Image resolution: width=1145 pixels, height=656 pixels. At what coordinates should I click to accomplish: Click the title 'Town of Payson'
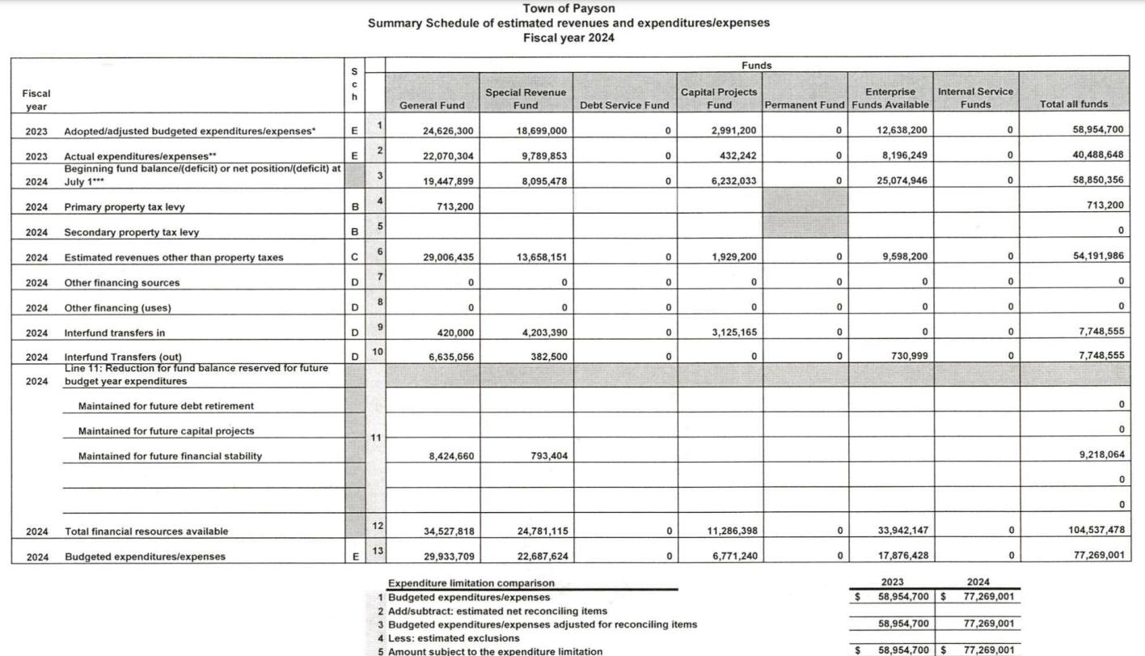[568, 8]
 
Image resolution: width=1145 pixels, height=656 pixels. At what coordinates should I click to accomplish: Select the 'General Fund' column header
[432, 105]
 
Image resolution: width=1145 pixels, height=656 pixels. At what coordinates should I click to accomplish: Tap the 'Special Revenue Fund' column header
[525, 99]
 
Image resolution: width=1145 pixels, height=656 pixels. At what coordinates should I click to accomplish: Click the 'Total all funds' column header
[1074, 104]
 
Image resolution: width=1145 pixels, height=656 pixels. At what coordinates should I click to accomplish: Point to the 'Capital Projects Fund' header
[719, 99]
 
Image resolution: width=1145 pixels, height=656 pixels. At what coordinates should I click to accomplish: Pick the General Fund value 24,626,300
[448, 130]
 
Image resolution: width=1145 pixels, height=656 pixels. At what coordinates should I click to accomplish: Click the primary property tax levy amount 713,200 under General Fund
[457, 206]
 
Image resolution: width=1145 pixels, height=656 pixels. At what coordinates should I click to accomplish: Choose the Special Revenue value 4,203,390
[541, 332]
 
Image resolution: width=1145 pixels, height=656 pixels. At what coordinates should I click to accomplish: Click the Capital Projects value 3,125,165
[730, 332]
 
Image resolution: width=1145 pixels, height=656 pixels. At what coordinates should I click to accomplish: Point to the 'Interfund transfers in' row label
[121, 333]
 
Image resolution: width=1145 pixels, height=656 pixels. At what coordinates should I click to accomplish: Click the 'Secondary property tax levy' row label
[131, 233]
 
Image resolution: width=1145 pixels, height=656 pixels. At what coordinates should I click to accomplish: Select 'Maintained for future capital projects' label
[166, 431]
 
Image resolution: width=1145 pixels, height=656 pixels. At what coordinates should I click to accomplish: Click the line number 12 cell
[376, 526]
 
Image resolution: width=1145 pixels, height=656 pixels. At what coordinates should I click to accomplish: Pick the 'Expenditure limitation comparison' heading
[471, 583]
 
